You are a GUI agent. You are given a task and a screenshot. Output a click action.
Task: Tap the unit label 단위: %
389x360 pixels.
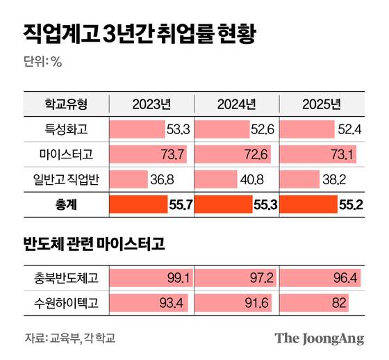click(44, 61)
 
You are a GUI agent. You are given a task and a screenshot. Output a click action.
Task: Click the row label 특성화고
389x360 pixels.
click(66, 129)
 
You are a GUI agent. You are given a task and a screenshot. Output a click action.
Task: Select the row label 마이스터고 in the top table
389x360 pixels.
click(66, 154)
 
